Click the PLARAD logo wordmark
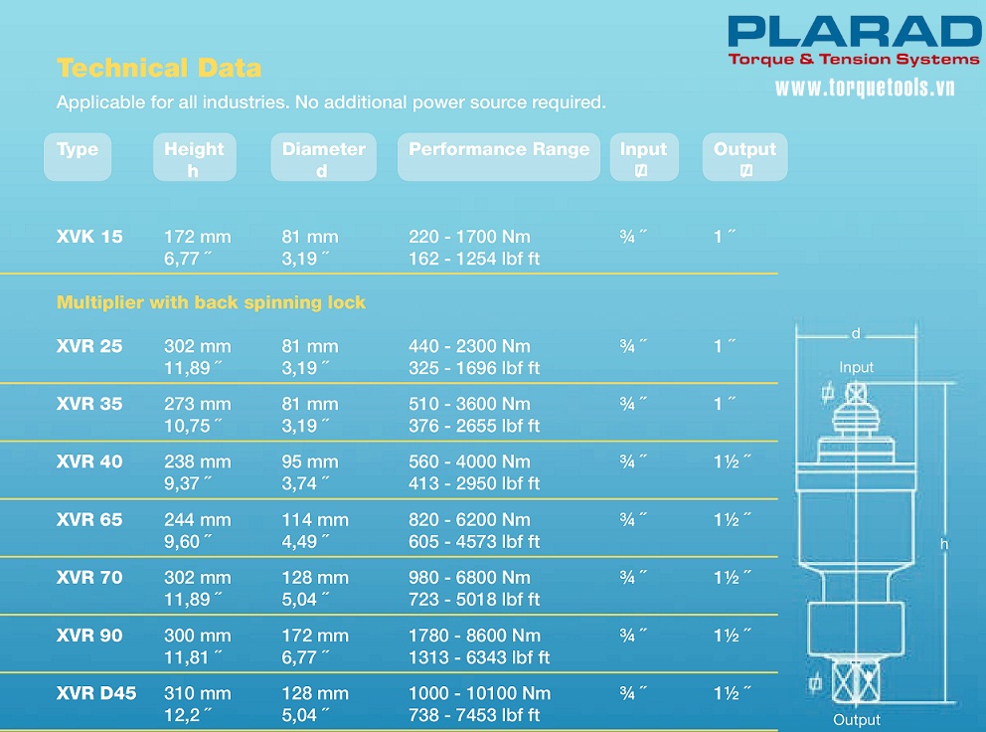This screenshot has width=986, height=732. [854, 31]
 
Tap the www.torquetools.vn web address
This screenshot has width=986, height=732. [865, 89]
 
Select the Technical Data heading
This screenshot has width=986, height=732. [159, 68]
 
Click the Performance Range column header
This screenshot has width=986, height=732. [499, 149]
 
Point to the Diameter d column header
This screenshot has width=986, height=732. [323, 158]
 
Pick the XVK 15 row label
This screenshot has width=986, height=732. [90, 237]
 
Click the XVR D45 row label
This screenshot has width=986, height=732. [96, 693]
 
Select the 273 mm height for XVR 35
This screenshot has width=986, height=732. [197, 404]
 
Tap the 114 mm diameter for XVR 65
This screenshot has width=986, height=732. [315, 519]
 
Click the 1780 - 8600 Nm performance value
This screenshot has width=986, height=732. [474, 636]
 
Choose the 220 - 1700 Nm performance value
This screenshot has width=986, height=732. [469, 237]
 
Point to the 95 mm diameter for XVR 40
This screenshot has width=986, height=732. [310, 461]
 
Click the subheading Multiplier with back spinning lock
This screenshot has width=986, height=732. [211, 302]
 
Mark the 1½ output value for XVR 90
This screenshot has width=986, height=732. [732, 636]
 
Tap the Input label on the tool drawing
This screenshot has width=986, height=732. [856, 367]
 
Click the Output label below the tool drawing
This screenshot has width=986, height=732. [857, 720]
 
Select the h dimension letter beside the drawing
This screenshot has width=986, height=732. [944, 544]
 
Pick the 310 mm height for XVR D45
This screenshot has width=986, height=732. [197, 693]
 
